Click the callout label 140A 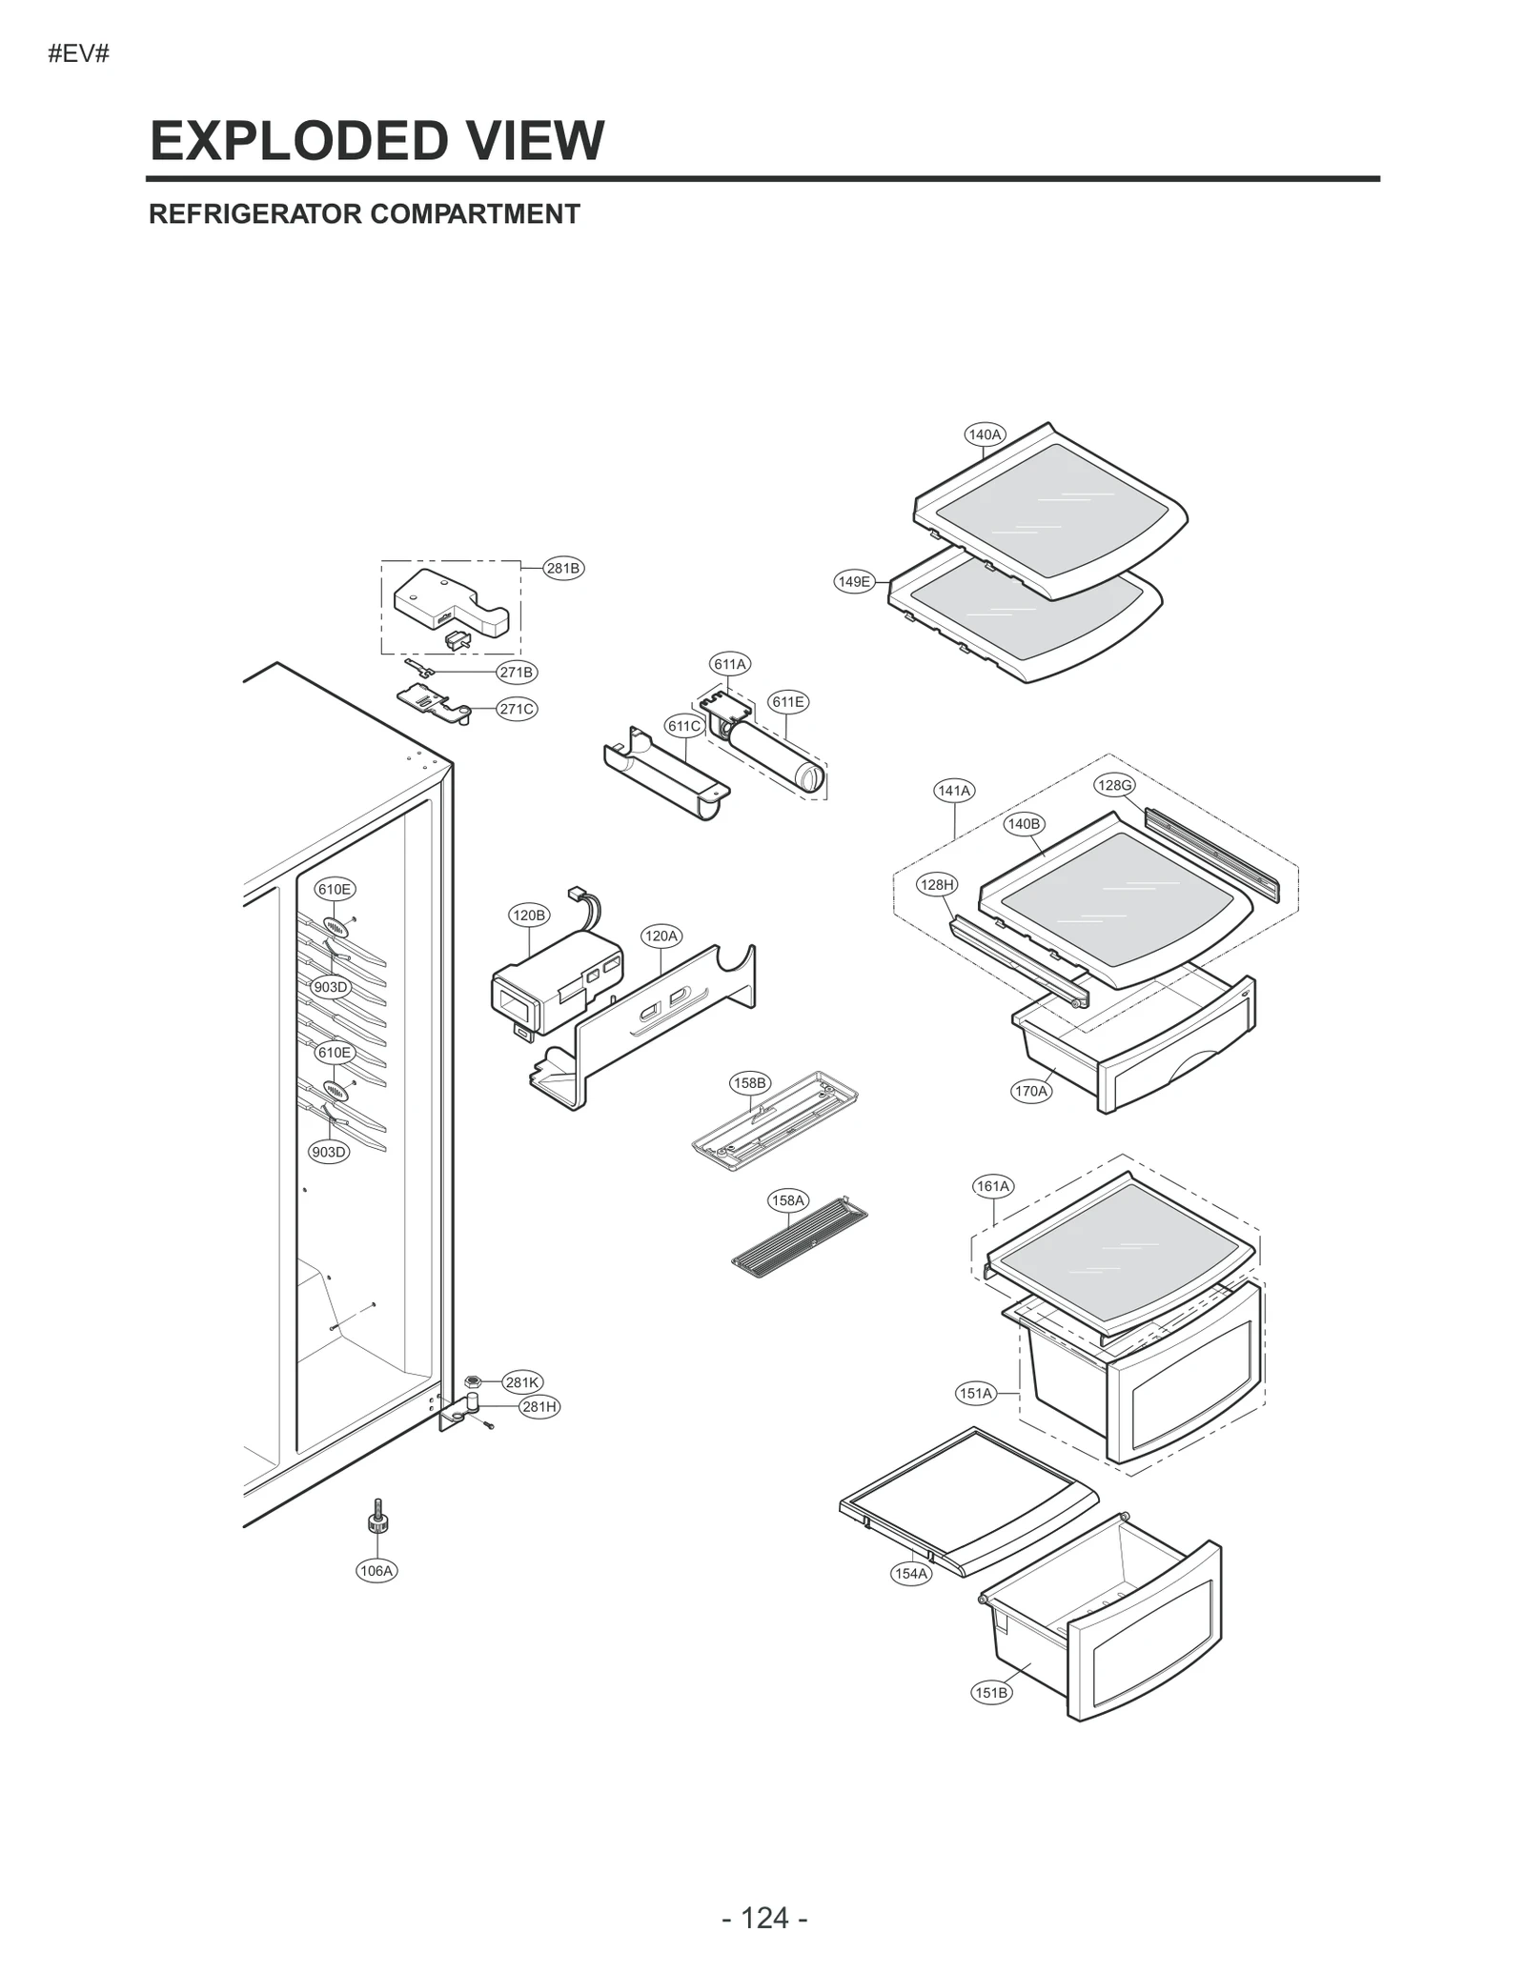985,434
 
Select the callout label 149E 854,581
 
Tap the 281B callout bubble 562,569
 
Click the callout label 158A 788,1200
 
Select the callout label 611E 788,702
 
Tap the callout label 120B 529,916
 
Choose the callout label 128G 1114,785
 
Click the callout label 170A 1031,1091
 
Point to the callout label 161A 993,1186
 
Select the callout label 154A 911,1574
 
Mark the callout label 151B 991,1693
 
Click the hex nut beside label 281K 471,1381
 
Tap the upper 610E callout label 335,889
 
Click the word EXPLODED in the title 298,141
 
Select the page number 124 764,1918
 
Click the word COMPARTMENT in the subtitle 475,214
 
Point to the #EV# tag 79,54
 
